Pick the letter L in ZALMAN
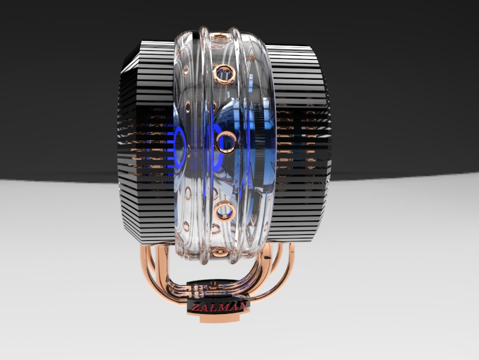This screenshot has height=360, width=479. (214, 306)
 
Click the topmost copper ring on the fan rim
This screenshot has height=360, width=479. (220, 39)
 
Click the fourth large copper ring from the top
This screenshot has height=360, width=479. (226, 210)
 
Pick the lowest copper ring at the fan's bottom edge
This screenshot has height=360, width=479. (220, 252)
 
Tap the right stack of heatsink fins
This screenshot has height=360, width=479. (299, 144)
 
